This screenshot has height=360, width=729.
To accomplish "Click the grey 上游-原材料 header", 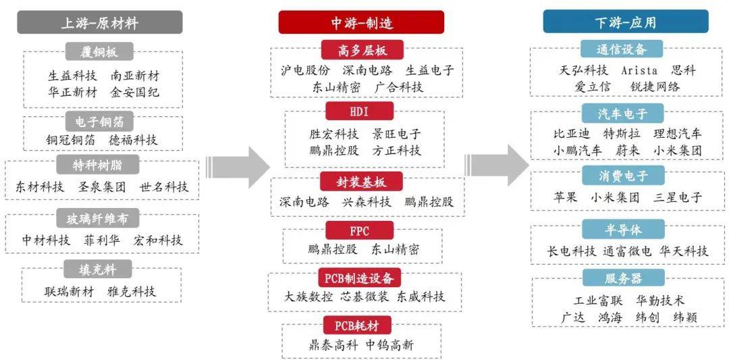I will [x=100, y=23].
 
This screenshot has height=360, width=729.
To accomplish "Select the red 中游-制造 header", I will [x=361, y=23].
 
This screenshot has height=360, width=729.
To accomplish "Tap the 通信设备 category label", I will [x=621, y=49].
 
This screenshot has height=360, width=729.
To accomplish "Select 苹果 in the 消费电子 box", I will [x=565, y=197].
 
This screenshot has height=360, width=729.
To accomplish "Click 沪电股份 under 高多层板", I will [x=305, y=70].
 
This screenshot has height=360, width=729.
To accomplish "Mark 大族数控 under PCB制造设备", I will [x=309, y=297].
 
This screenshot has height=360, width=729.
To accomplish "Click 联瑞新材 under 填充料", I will [x=69, y=292].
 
